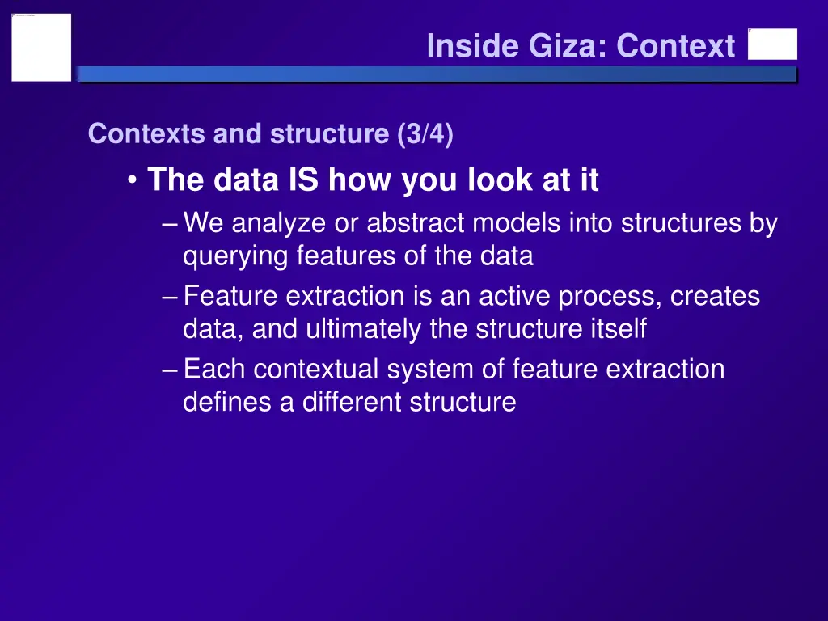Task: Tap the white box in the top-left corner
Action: [x=41, y=47]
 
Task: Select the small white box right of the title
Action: [x=772, y=44]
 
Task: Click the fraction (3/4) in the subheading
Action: [x=425, y=133]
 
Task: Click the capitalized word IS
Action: [x=303, y=180]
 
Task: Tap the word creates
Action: [x=716, y=296]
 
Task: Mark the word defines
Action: [x=227, y=402]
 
